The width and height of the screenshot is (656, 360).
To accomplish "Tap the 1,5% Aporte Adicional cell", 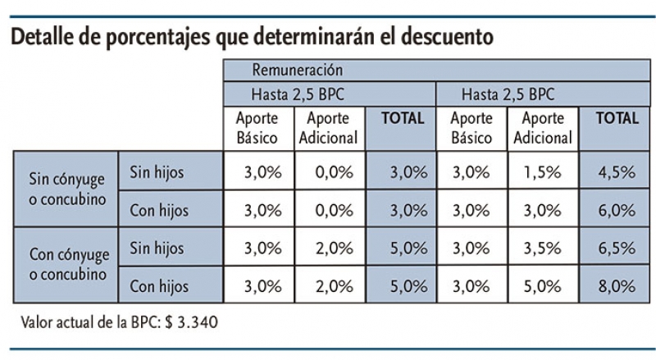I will [541, 172].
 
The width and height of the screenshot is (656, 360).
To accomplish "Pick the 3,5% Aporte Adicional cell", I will [541, 248].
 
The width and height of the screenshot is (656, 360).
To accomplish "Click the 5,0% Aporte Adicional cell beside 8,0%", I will [541, 286].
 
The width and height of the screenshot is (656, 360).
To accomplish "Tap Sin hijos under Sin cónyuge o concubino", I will [157, 172].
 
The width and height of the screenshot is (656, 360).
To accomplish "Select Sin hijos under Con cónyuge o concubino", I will [157, 248].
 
